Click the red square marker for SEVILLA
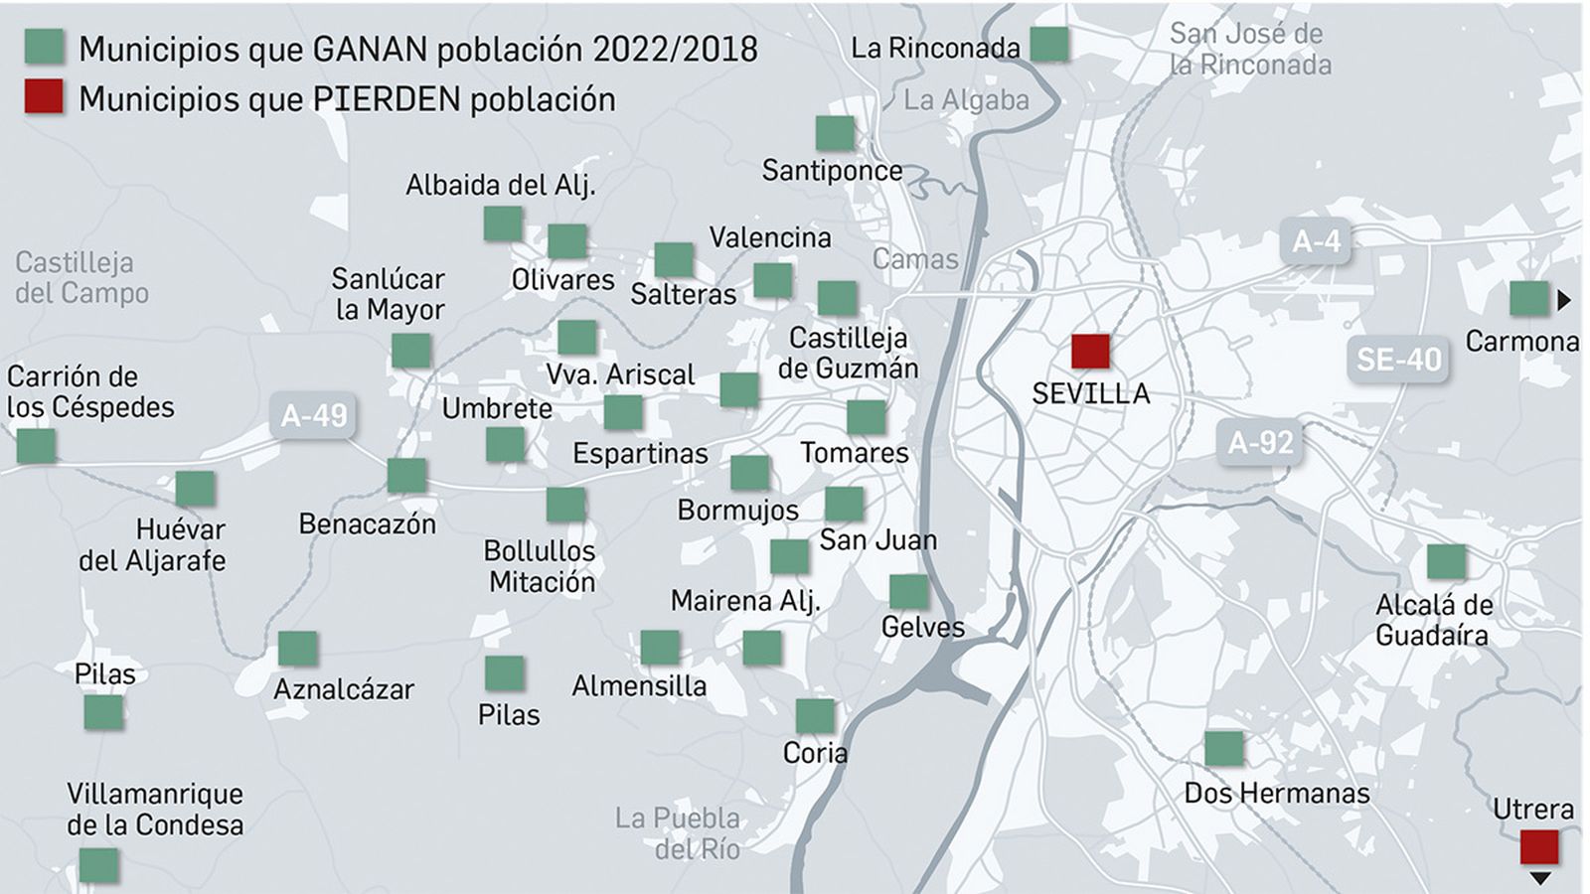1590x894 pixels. [1090, 351]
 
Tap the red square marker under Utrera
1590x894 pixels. [1539, 847]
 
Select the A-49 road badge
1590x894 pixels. [314, 415]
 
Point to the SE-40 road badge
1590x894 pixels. [1398, 360]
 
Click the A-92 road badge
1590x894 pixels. [1260, 442]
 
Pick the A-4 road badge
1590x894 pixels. [1316, 241]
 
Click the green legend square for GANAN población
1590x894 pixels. [44, 47]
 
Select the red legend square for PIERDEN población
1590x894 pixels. [44, 97]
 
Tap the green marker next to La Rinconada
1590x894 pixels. [1049, 45]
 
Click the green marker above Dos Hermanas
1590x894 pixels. [1224, 748]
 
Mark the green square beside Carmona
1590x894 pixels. [1528, 298]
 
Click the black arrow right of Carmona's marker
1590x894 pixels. [1564, 299]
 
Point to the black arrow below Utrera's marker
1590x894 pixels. [1540, 878]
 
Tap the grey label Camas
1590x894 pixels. [915, 259]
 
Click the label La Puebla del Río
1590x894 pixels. [679, 832]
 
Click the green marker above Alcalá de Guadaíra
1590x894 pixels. [1446, 562]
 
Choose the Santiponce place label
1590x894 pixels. [832, 171]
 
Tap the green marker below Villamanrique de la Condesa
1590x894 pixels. [98, 865]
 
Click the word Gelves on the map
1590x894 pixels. [922, 628]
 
